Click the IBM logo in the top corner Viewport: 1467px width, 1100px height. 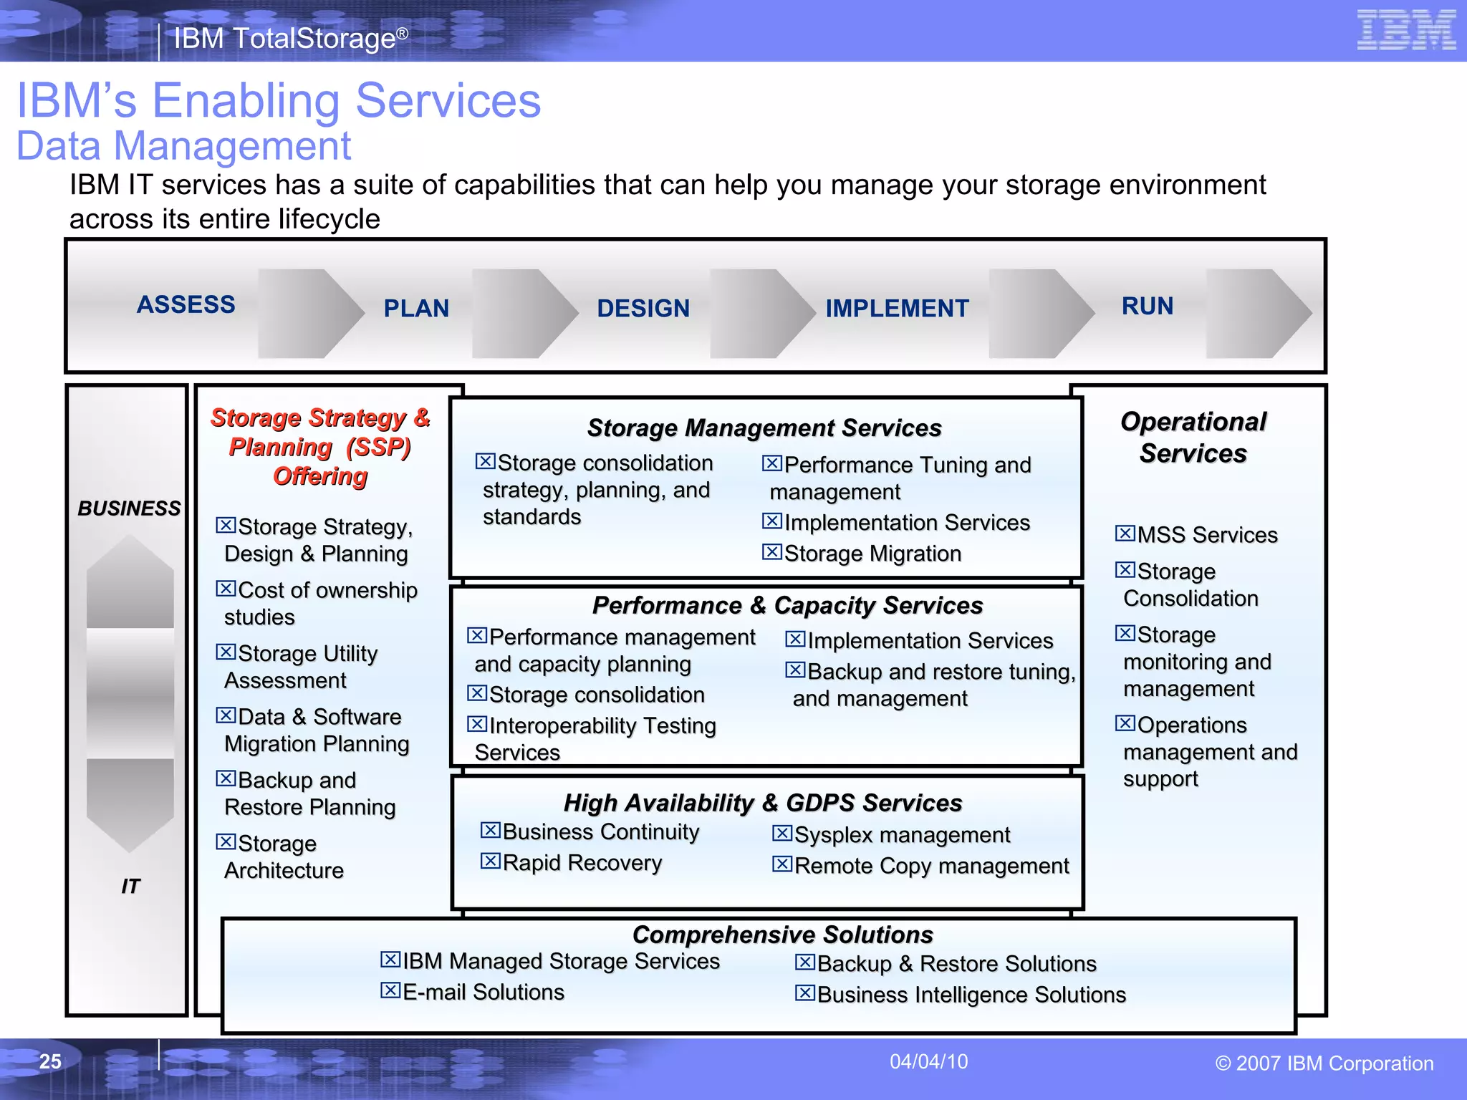coord(1406,30)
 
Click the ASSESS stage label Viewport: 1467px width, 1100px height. coord(186,304)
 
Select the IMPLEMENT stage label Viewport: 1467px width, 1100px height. coord(897,309)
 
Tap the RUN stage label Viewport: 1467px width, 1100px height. coord(1148,307)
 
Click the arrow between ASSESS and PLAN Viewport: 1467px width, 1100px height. coord(310,313)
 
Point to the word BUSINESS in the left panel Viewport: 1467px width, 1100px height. coord(129,508)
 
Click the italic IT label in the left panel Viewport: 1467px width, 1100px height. coord(130,887)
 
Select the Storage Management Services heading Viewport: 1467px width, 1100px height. coord(764,428)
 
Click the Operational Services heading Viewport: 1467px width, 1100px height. coord(1193,437)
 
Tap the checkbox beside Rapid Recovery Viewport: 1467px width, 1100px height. coord(490,861)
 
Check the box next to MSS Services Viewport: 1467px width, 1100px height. coord(1125,534)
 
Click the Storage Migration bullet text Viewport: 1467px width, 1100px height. coord(872,554)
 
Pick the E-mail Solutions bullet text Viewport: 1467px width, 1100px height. coord(484,993)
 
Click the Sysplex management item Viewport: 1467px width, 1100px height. coord(902,835)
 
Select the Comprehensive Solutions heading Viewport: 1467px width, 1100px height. coord(782,935)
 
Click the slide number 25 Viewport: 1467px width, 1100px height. coord(50,1061)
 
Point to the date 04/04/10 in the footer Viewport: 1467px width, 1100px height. coord(928,1061)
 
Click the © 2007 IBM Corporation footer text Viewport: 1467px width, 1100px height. coord(1324,1063)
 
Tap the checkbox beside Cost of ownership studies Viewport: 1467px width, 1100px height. coord(226,589)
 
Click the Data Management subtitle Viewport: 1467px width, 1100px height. coord(183,146)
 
